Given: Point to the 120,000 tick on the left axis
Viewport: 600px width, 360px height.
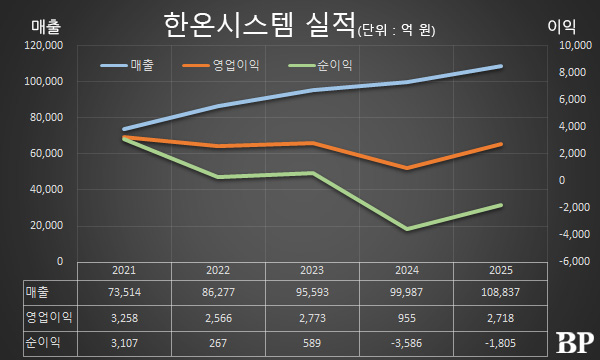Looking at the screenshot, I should [x=45, y=46].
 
